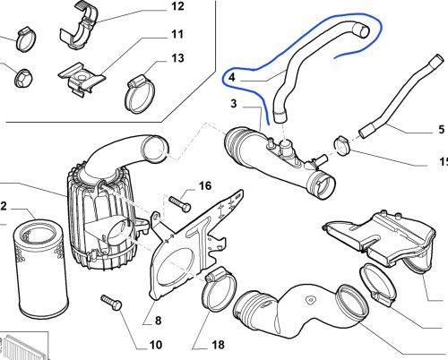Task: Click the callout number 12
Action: [177, 6]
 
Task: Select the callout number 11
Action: [177, 34]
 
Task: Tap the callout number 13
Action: [177, 58]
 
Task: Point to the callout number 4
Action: [232, 78]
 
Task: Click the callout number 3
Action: [234, 104]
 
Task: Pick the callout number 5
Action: [442, 129]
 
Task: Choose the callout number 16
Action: [205, 186]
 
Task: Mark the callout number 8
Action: [158, 321]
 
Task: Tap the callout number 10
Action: [155, 345]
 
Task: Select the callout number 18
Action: [218, 345]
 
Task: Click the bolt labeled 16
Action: [180, 204]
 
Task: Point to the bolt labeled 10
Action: [111, 303]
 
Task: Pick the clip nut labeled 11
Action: [82, 79]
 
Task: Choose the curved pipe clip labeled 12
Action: [79, 26]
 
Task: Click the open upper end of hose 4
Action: [361, 30]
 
